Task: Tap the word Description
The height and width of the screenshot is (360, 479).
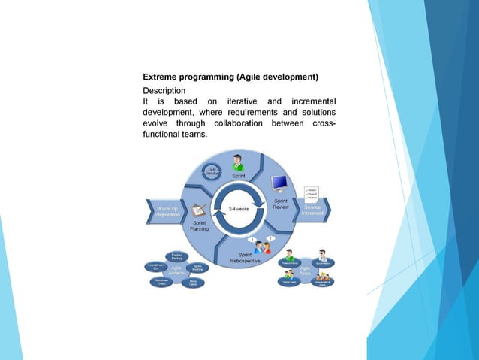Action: click(164, 90)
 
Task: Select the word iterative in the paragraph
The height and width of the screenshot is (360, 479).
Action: click(243, 101)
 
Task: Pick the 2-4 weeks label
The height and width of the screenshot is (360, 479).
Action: click(238, 210)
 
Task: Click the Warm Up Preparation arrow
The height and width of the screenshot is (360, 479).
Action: click(166, 211)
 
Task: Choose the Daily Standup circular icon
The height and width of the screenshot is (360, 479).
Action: click(212, 174)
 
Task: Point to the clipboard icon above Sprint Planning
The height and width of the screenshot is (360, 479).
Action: click(199, 210)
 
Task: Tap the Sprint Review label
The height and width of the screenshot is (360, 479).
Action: click(280, 205)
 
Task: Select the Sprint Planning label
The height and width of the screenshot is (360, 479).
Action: click(200, 226)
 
